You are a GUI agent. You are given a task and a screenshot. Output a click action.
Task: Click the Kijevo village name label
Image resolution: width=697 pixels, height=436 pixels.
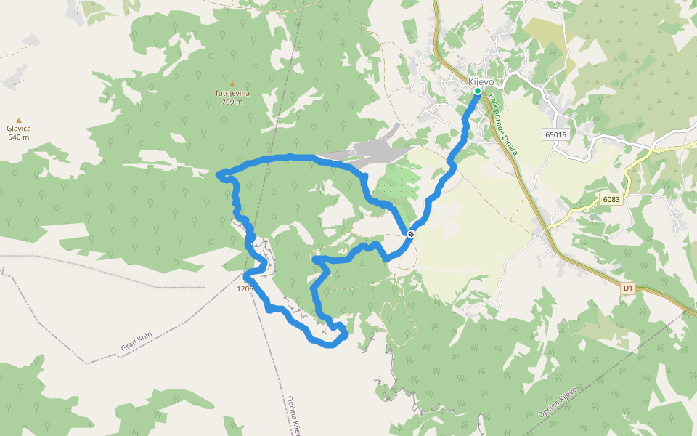pos(481,81)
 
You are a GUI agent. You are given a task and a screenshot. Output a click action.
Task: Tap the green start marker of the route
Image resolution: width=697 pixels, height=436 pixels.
pos(477,92)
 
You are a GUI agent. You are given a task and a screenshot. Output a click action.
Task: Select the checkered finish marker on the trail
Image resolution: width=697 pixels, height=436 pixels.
pos(411,233)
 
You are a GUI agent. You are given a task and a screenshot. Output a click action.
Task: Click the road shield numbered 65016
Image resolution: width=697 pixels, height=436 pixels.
pos(555,134)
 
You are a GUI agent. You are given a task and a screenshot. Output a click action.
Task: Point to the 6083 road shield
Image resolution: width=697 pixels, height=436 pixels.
pos(612,198)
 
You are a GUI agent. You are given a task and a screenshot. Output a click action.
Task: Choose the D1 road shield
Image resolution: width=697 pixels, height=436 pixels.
pos(629,288)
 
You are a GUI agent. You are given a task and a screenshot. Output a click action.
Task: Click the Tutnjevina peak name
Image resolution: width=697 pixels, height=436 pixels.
pos(232,93)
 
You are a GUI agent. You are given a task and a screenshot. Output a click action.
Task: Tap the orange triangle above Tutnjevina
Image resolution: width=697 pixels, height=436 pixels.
pos(232,84)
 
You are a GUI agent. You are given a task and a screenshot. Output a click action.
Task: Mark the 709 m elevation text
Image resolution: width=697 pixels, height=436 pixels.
pos(232,102)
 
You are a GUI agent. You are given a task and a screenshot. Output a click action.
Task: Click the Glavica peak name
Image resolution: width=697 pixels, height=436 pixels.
pos(19,129)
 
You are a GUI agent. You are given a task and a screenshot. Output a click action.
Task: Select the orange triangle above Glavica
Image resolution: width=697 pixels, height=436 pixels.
pos(19,121)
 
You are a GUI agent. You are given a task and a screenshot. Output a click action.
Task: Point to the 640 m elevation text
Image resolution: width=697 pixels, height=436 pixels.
pos(19,137)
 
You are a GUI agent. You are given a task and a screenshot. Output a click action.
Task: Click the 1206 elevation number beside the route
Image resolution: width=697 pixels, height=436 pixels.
pos(245,288)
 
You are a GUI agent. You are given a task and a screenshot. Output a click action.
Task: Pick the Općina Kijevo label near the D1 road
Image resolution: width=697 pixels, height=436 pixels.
pos(558,402)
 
